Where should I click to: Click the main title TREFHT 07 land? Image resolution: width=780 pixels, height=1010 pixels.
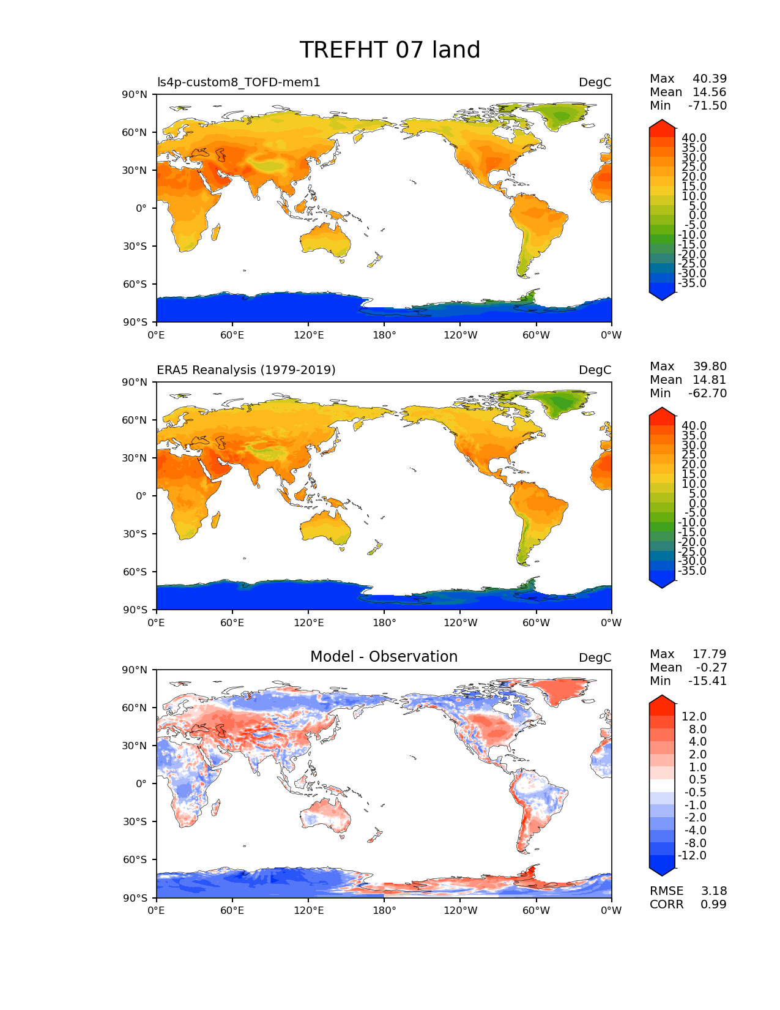(390, 50)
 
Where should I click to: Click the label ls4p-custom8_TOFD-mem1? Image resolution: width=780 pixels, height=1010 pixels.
(239, 83)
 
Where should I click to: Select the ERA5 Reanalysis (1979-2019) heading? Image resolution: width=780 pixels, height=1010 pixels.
(246, 370)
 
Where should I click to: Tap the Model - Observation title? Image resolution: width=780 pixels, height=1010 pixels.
(384, 657)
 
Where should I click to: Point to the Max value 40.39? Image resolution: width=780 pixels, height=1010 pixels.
(709, 79)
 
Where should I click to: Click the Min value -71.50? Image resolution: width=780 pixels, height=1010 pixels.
(707, 106)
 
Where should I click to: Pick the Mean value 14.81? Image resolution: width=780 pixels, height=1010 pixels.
(709, 380)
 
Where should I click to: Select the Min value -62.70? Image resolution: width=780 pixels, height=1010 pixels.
(707, 394)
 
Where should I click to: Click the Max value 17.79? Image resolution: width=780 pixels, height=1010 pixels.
(709, 654)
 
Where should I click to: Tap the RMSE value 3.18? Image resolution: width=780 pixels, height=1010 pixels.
(713, 891)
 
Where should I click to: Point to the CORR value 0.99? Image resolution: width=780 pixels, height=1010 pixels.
(713, 905)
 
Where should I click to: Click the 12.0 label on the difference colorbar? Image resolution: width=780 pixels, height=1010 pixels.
(694, 717)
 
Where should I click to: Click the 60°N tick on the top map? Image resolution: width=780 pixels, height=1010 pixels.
(138, 132)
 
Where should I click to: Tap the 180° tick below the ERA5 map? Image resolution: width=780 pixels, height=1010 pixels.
(384, 623)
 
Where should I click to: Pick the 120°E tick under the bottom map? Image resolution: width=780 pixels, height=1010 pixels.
(308, 911)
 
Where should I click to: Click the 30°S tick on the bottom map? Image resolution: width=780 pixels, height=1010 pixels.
(138, 821)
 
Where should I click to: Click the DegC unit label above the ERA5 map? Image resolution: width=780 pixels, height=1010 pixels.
(595, 370)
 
